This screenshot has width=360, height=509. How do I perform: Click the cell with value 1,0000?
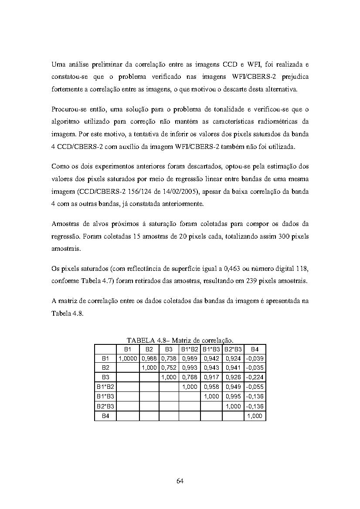pyautogui.click(x=128, y=358)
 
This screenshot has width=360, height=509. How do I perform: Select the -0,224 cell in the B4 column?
pyautogui.click(x=255, y=378)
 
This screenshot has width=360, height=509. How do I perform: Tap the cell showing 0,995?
pyautogui.click(x=233, y=397)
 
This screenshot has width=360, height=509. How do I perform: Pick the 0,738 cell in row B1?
pyautogui.click(x=169, y=358)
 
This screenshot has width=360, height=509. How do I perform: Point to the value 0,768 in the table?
pyautogui.click(x=190, y=378)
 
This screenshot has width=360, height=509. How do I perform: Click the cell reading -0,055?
pyautogui.click(x=255, y=387)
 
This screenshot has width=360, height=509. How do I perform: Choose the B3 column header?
pyautogui.click(x=169, y=349)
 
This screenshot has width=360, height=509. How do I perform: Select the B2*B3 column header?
pyautogui.click(x=233, y=349)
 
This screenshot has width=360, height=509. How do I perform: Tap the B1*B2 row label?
pyautogui.click(x=105, y=387)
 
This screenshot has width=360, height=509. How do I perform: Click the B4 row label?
pyautogui.click(x=105, y=416)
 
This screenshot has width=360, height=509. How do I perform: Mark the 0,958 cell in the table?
pyautogui.click(x=211, y=387)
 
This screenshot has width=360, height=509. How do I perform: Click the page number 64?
pyautogui.click(x=180, y=481)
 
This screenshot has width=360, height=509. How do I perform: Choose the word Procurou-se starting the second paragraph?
pyautogui.click(x=68, y=109)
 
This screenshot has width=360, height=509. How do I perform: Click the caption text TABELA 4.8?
pyautogui.click(x=146, y=340)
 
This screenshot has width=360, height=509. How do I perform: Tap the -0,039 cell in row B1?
pyautogui.click(x=255, y=358)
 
